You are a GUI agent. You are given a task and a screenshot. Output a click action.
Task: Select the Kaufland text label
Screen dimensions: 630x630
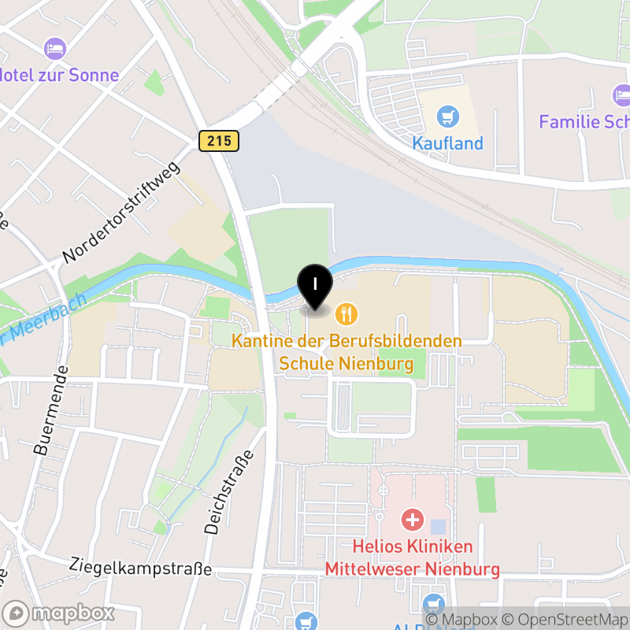click(x=448, y=143)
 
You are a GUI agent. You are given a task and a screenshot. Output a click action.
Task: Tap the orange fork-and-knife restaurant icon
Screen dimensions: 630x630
click(x=346, y=315)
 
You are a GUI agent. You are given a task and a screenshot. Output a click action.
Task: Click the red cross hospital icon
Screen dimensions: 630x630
click(x=412, y=520)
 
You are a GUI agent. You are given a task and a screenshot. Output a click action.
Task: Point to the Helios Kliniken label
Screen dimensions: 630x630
click(x=412, y=547)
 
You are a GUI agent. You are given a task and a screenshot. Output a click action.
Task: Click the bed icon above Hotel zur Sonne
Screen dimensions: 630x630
click(x=55, y=50)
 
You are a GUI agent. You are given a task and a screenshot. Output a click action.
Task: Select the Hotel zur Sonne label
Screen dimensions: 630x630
click(x=59, y=76)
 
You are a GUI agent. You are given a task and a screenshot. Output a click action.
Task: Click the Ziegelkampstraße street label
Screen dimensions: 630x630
click(x=140, y=566)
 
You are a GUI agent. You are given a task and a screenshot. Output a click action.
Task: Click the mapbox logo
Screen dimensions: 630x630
click(x=60, y=613)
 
